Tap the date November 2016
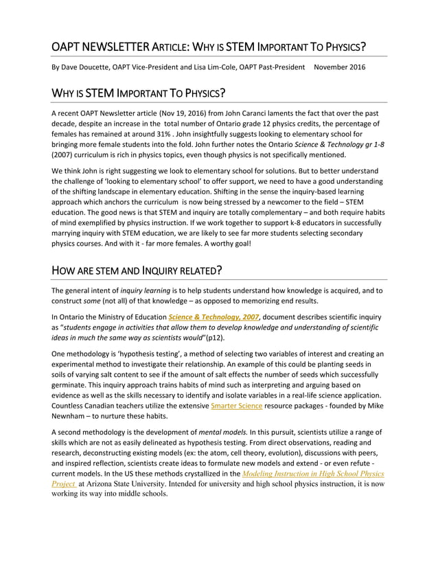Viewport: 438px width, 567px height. point(339,67)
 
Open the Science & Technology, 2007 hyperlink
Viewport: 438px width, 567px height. point(214,316)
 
